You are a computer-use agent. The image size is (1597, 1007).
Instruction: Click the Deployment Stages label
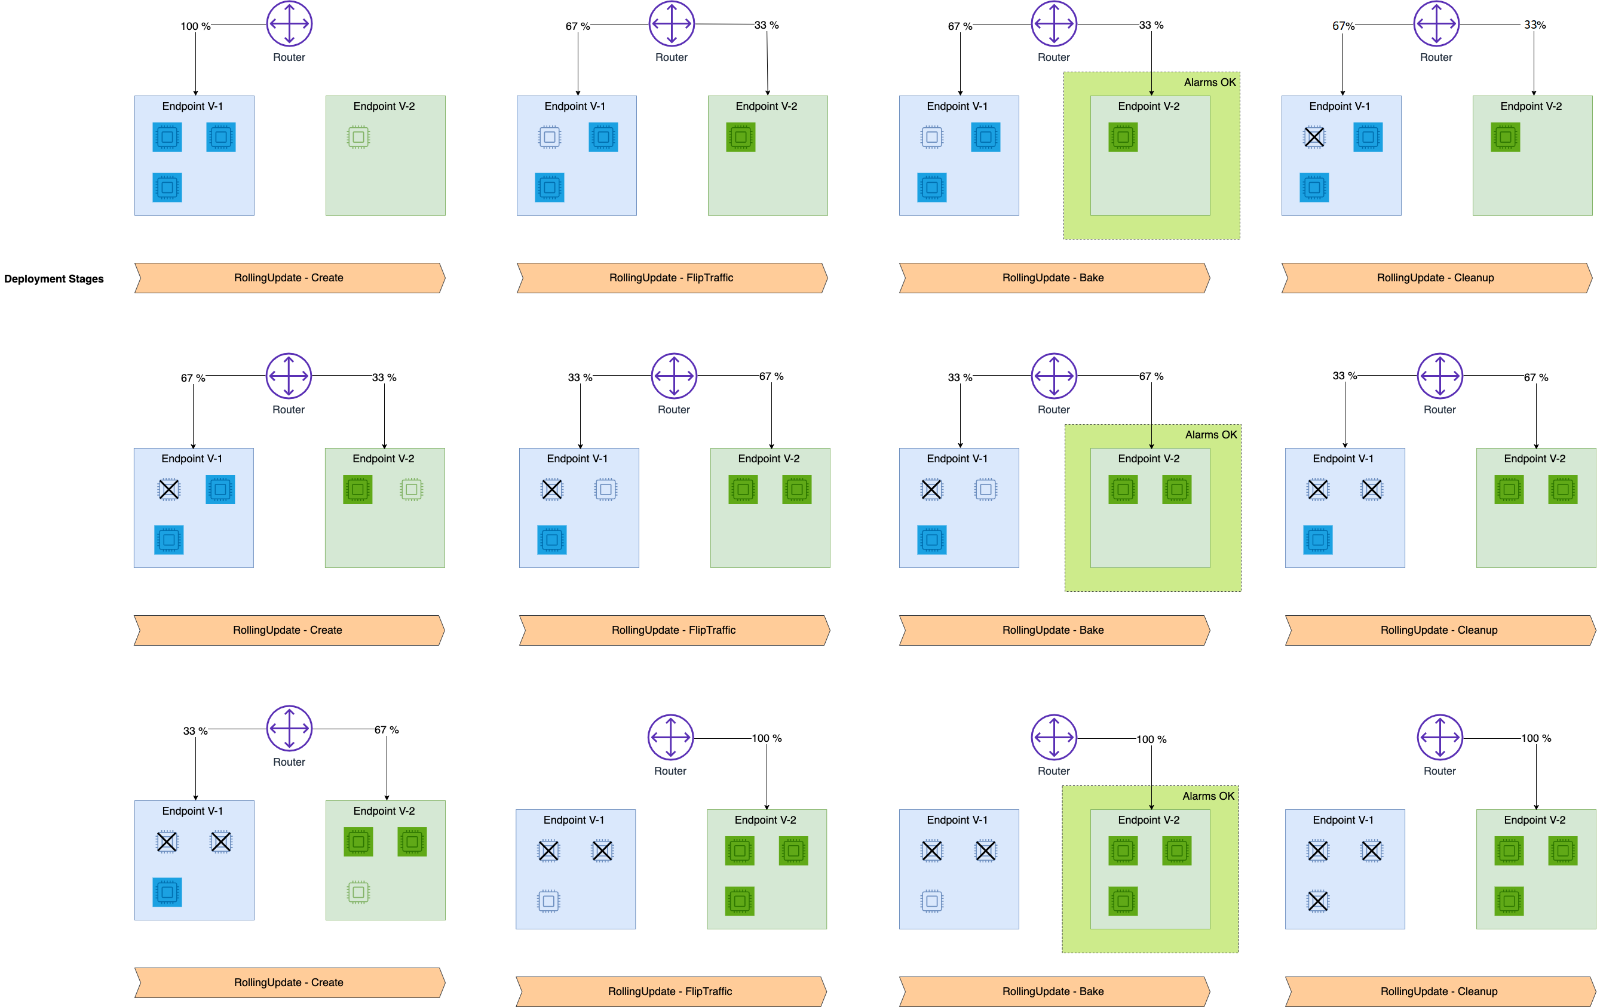pos(54,279)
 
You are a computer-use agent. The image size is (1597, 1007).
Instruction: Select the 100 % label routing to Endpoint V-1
pos(195,26)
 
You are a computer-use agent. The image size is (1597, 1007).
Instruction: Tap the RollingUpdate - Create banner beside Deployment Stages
pos(289,278)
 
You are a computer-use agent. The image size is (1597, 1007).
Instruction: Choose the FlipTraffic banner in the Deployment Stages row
pos(671,278)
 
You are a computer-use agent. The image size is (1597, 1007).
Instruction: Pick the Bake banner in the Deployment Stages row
pos(1053,278)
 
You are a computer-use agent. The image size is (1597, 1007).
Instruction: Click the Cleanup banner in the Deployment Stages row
pos(1435,278)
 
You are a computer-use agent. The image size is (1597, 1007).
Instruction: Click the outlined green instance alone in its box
pos(358,137)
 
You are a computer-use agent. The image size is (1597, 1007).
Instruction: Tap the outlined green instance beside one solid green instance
pos(411,490)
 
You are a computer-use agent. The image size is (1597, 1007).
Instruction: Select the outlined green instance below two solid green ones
pos(358,892)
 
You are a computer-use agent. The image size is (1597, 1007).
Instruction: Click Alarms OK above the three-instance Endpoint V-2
pos(1209,796)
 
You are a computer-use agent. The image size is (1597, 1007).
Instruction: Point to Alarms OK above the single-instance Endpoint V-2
pos(1210,82)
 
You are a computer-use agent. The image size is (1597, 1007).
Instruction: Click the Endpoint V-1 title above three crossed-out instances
pos(1343,820)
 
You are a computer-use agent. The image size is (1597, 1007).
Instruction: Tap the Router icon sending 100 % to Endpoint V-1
pos(289,23)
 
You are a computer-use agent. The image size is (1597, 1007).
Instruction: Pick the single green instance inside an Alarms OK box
pos(1123,137)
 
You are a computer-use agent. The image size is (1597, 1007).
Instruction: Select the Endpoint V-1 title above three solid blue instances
pos(192,106)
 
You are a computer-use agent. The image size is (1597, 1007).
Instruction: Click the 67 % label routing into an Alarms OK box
pos(1151,376)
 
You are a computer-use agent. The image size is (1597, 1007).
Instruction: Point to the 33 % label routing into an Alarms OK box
pos(1151,25)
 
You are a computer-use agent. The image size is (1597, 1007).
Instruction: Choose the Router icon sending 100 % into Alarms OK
pos(1054,736)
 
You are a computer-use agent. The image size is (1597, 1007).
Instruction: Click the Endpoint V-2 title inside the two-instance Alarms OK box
pos(1149,459)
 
